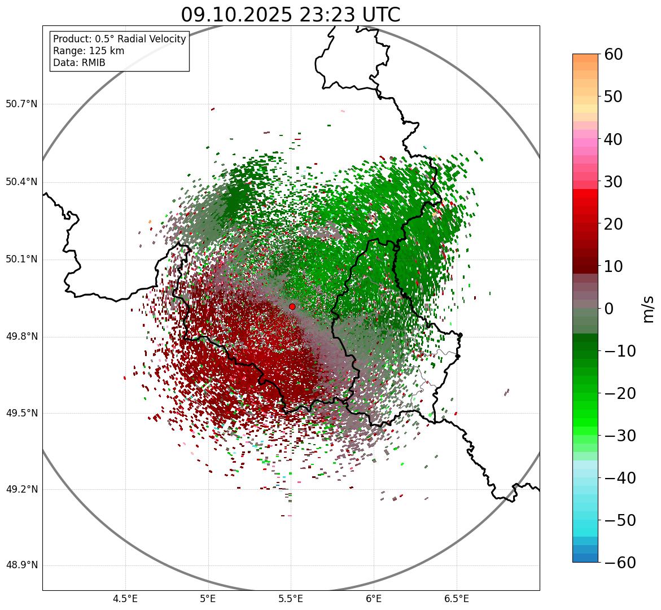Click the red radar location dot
click(x=292, y=306)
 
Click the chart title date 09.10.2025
click(x=235, y=15)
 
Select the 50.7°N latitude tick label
click(x=21, y=104)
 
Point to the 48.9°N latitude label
click(x=21, y=565)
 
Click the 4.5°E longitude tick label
click(x=125, y=599)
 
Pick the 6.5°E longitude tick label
click(x=456, y=599)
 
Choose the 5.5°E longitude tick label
click(x=291, y=599)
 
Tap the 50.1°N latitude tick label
click(x=21, y=260)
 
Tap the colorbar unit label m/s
click(x=649, y=309)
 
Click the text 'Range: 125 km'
click(x=89, y=51)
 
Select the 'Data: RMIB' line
click(x=79, y=63)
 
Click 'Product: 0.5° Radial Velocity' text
click(x=119, y=39)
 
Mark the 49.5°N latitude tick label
click(x=21, y=414)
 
